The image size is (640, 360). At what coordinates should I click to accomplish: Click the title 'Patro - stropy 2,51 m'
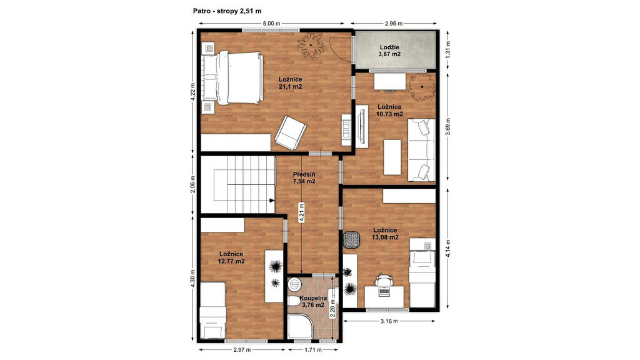coord(227,11)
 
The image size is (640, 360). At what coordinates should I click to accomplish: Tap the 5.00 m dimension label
coord(271,23)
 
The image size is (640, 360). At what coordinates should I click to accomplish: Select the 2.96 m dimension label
coord(394,23)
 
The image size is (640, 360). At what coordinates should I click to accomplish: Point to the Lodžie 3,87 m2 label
coord(389,51)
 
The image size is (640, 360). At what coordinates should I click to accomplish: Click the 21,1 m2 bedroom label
coord(291,83)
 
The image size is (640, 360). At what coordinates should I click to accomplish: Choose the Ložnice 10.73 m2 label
coord(389,111)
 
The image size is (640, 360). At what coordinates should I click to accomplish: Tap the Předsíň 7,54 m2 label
coord(304,178)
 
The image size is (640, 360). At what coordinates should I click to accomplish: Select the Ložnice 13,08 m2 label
coord(385,234)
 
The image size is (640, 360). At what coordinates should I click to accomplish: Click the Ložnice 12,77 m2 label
coord(231,257)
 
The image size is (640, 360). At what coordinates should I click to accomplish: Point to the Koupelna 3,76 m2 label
coord(313,301)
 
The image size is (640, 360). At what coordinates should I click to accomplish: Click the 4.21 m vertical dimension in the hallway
coord(301,212)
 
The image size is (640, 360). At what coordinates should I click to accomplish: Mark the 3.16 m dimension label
coord(389,321)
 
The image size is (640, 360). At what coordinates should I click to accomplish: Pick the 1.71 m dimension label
coord(313,350)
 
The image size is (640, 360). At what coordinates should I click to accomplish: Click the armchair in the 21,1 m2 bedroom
coord(290,132)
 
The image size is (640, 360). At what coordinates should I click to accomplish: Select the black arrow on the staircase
coord(271,200)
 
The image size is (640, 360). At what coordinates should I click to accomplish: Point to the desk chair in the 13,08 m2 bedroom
coord(384,280)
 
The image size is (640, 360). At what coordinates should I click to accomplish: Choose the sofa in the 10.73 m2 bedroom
coord(421,150)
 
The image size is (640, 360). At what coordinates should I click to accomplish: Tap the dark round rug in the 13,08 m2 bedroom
coord(351,239)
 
